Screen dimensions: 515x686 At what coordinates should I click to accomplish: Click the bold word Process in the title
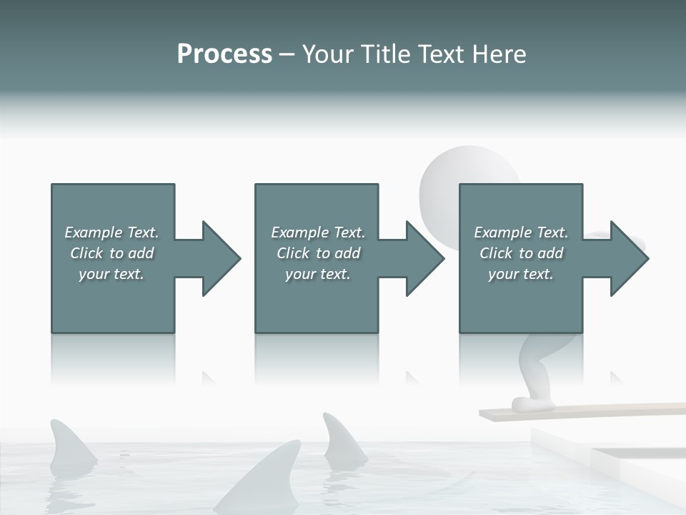pos(224,54)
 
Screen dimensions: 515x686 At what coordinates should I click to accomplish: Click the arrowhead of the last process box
pos(628,258)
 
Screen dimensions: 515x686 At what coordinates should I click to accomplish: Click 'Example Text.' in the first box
pos(111,232)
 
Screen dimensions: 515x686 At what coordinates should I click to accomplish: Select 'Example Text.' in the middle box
pos(318,232)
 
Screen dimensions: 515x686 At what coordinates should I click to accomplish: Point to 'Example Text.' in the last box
pos(521,232)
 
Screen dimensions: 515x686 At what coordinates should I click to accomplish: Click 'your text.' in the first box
pos(111,274)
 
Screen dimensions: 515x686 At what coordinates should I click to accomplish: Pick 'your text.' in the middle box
pos(318,274)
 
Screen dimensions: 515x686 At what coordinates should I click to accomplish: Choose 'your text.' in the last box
pos(521,274)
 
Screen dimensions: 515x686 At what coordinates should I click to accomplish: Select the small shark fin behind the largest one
pos(342,441)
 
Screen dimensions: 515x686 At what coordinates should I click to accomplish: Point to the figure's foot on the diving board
pos(532,405)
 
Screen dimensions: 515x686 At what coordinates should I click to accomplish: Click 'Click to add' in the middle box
pos(318,253)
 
